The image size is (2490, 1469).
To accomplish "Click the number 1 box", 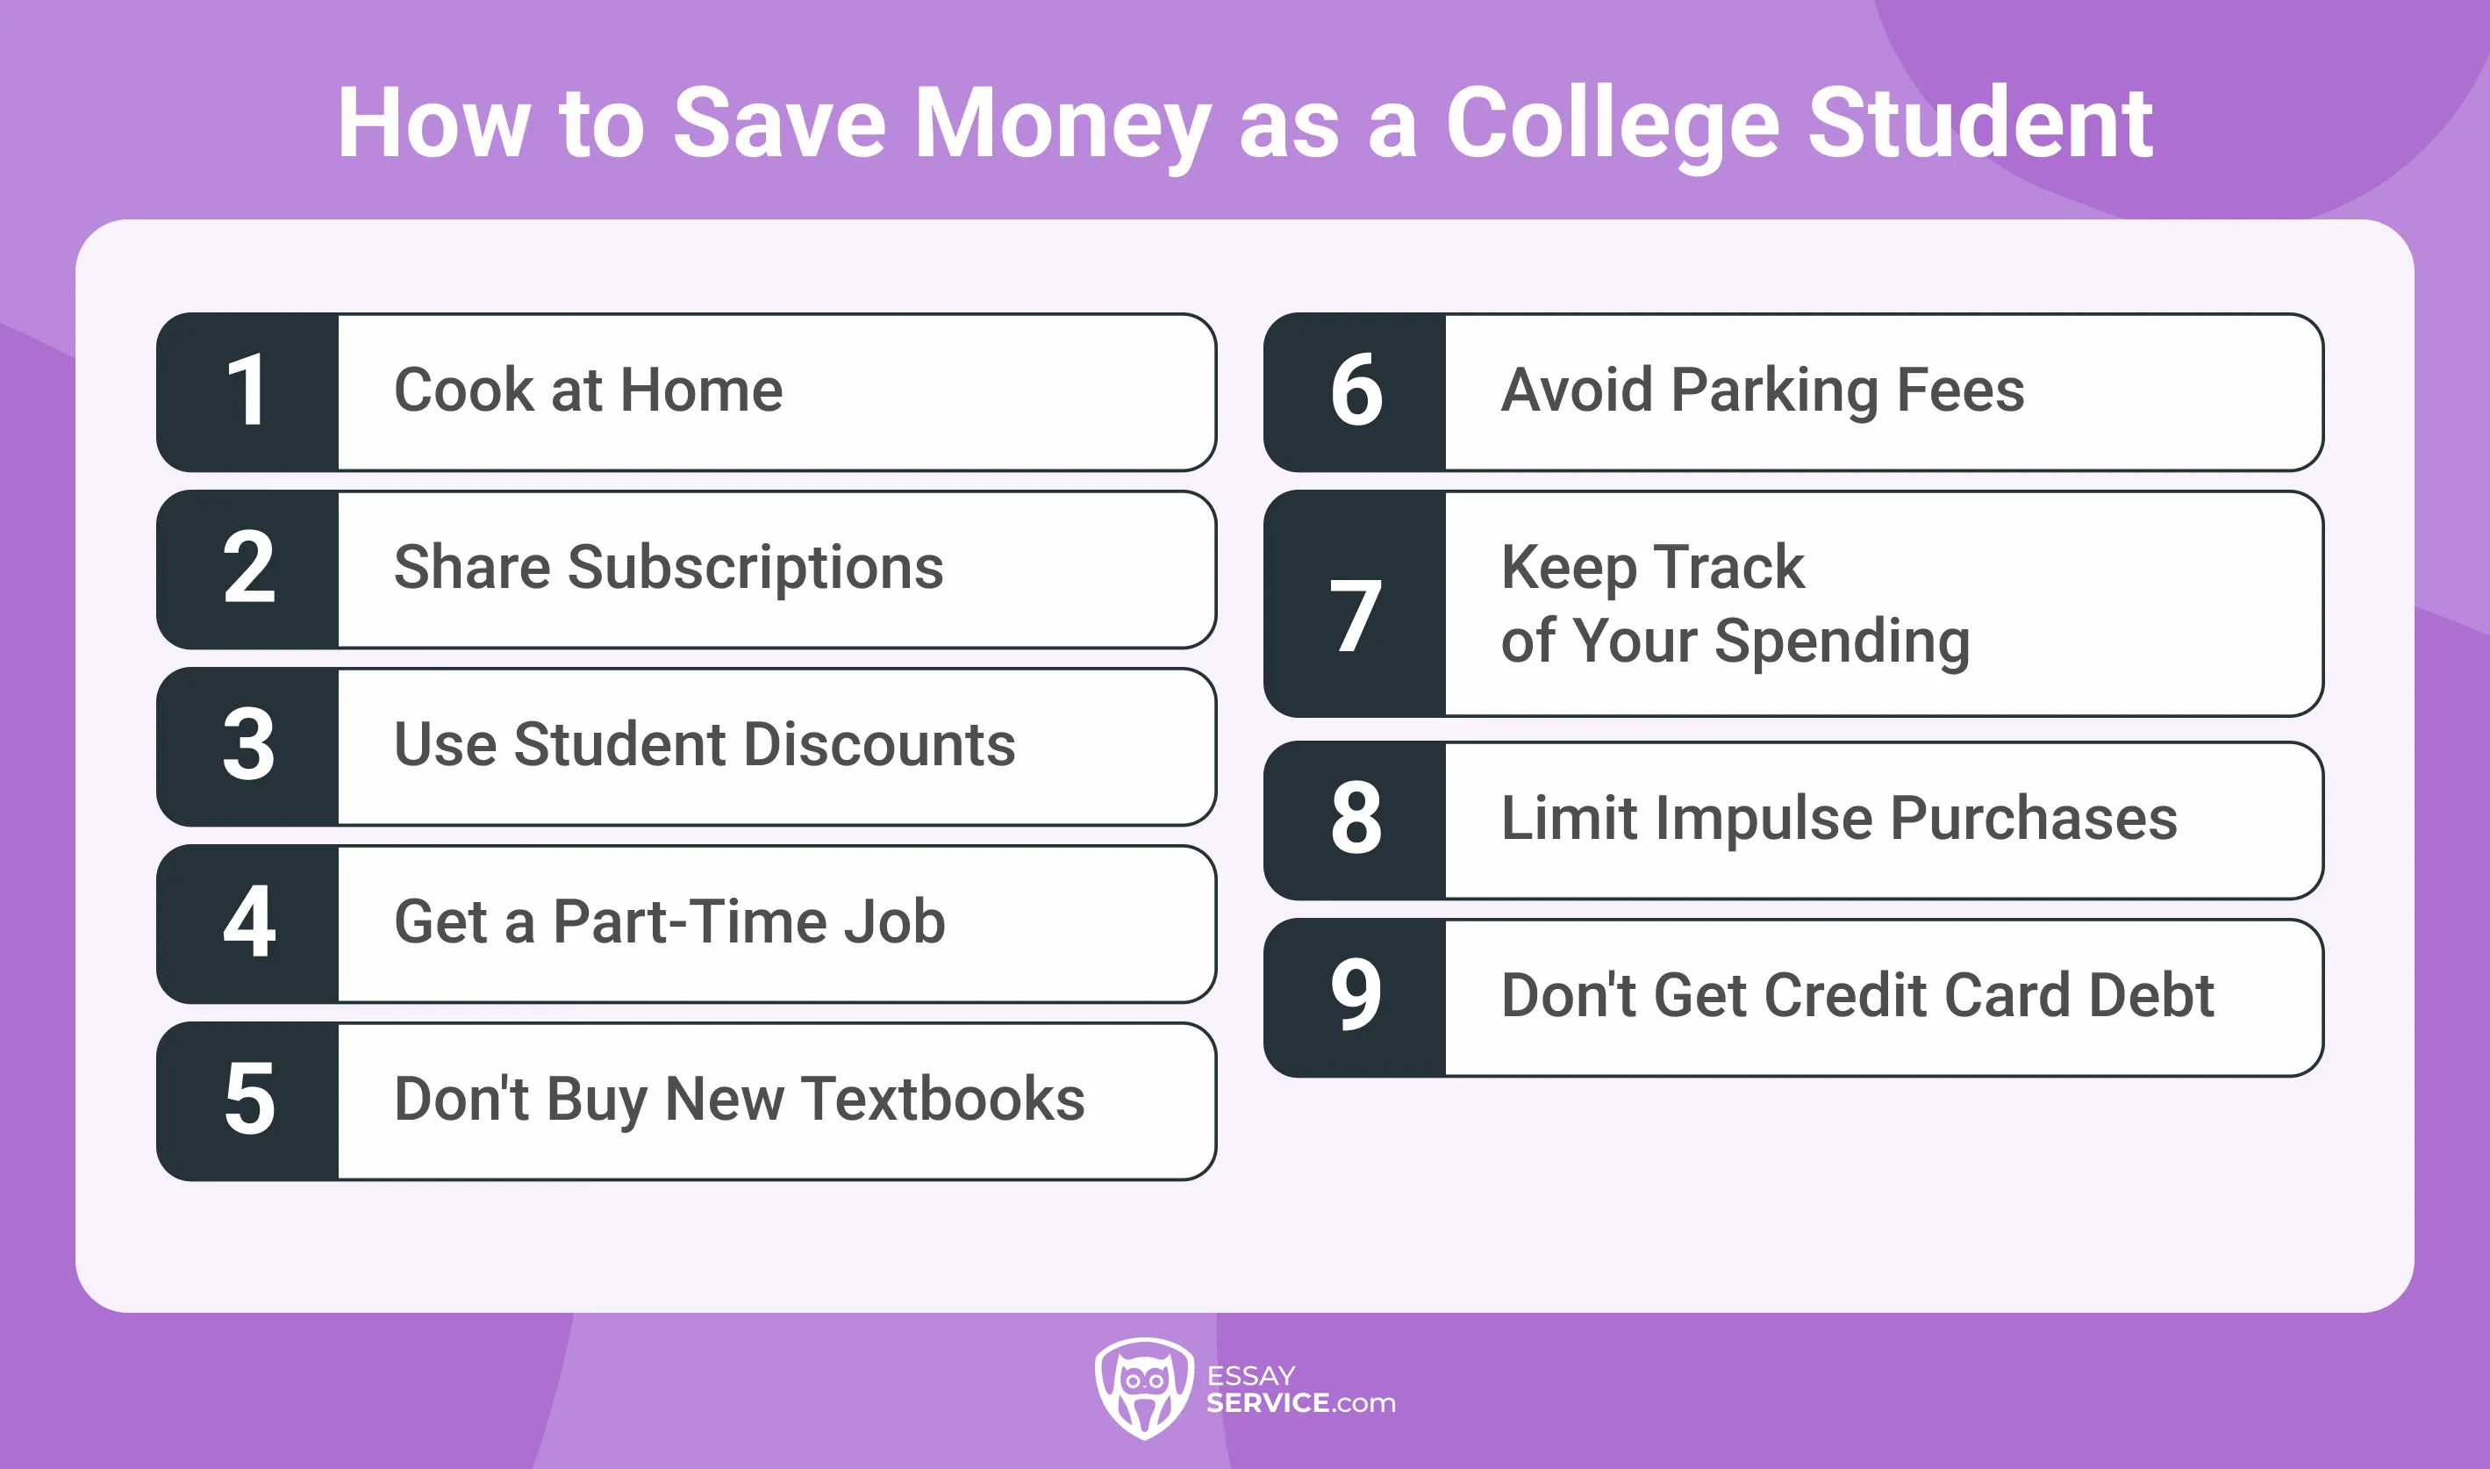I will pos(247,392).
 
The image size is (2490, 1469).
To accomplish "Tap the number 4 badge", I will pos(247,923).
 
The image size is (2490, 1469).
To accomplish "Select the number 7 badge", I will pos(1355,604).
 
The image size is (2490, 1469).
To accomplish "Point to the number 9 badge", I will pos(1355,997).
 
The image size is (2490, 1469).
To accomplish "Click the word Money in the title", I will pos(1062,125).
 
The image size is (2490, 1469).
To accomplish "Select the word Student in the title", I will pos(1979,123).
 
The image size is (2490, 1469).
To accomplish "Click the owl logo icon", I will pos(1144,1388).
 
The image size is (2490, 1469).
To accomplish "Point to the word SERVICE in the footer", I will pos(1268,1402).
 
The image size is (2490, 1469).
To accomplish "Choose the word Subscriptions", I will pos(755,568).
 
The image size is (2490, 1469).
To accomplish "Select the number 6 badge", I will pos(1355,392).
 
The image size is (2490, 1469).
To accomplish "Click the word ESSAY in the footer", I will pos(1251,1376).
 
